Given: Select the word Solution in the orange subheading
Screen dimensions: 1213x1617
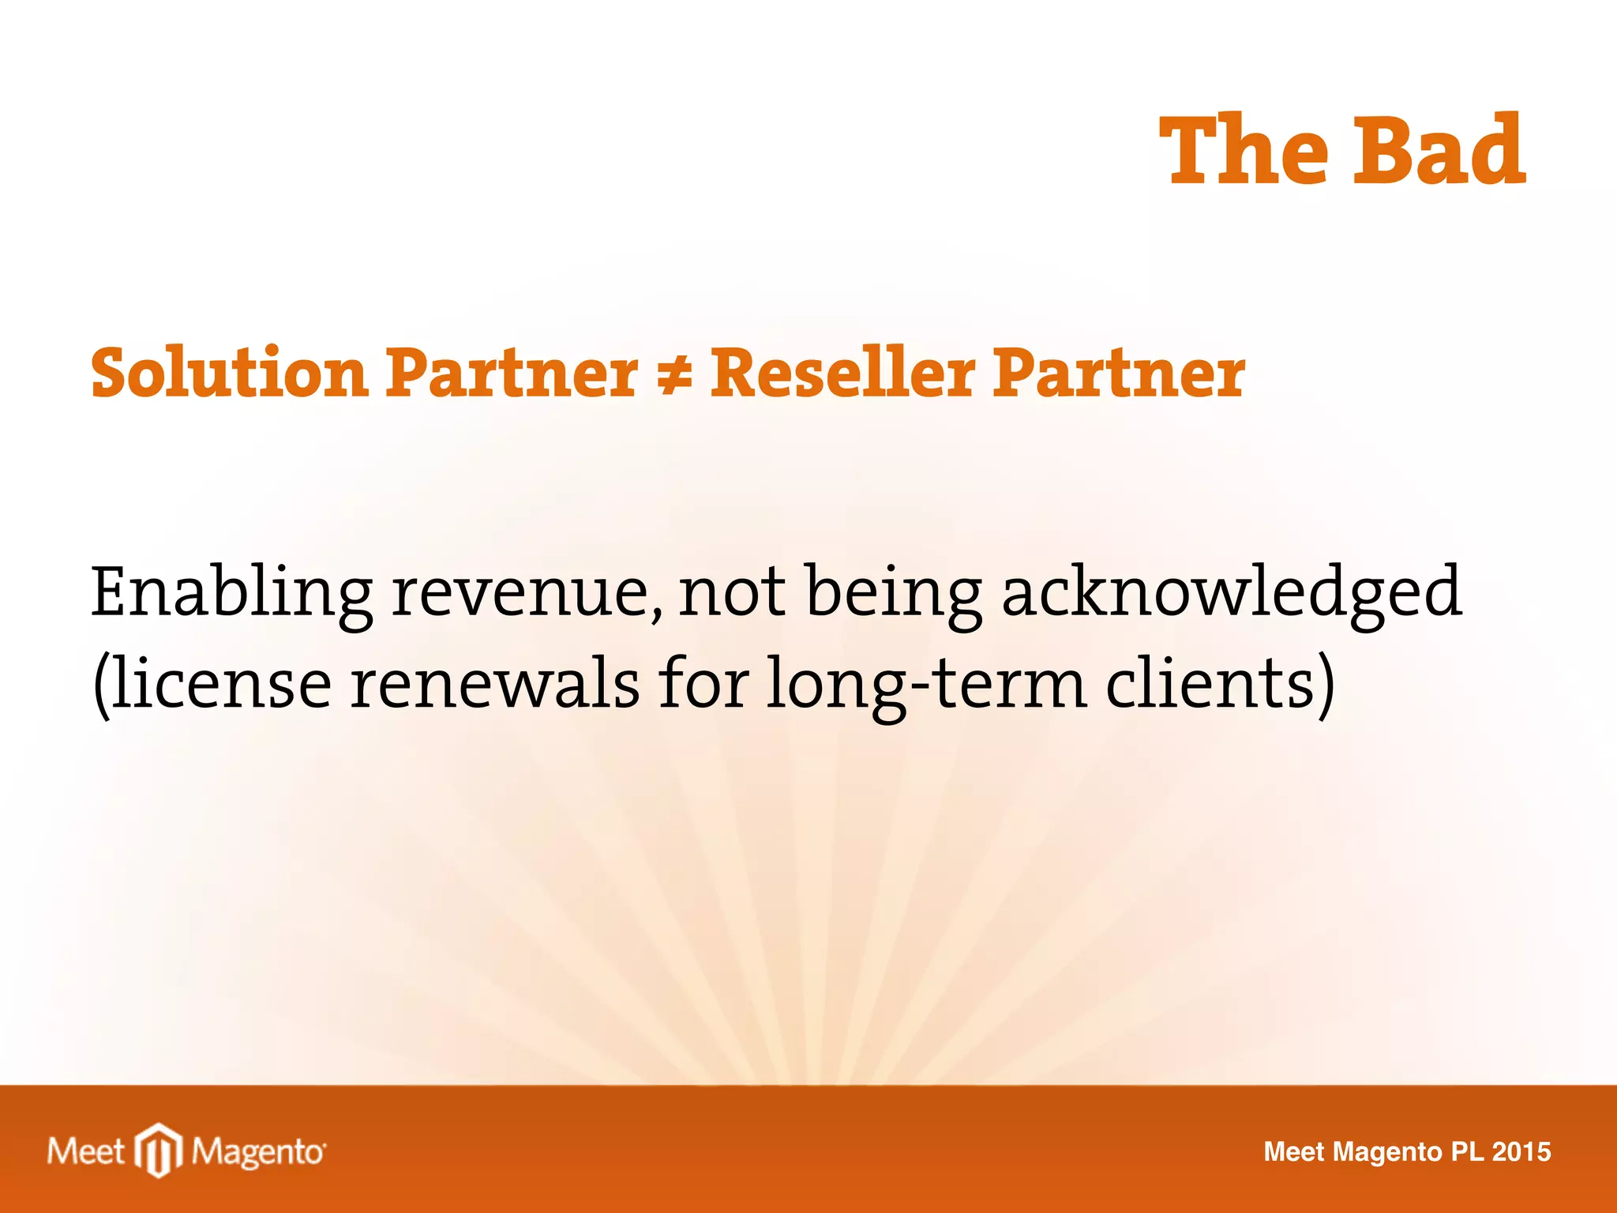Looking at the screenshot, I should (229, 373).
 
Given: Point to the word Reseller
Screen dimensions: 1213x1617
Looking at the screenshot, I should (842, 373).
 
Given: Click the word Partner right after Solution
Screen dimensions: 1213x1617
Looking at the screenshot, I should (512, 373).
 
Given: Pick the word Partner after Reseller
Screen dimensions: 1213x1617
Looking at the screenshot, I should (1119, 373).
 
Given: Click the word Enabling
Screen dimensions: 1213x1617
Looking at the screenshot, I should (231, 594).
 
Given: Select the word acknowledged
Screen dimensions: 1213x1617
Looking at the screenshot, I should (1232, 594).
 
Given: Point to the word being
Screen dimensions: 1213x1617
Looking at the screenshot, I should (893, 594).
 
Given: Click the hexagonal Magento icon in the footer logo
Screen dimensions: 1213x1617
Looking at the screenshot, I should (159, 1151).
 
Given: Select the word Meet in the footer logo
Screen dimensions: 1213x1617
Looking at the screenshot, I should (86, 1151).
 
